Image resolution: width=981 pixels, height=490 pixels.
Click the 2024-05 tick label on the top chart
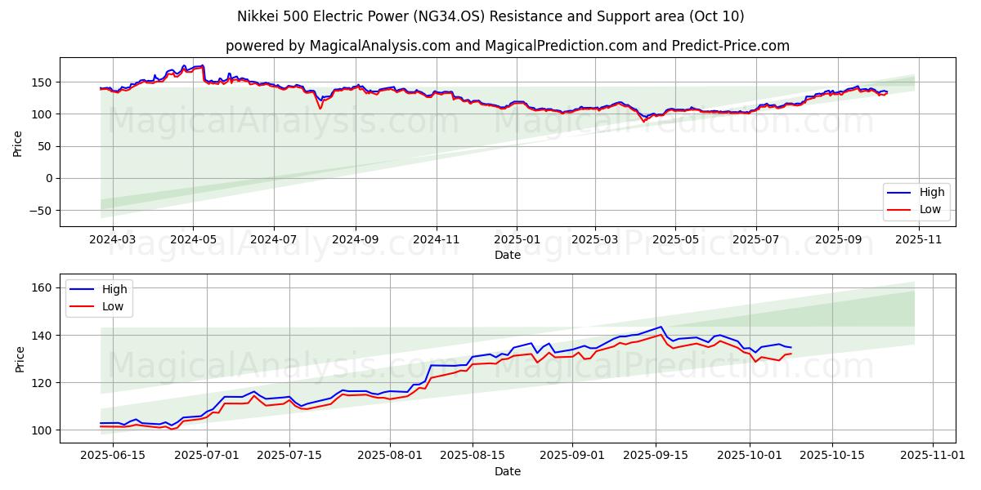[x=193, y=239]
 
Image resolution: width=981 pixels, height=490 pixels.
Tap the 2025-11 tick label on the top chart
[x=919, y=239]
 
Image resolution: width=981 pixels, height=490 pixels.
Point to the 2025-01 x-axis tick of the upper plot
[x=517, y=239]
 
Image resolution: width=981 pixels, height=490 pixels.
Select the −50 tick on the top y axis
[x=40, y=211]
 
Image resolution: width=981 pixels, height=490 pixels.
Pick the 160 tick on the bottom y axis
[x=43, y=287]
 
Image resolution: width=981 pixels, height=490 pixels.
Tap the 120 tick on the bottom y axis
[x=43, y=383]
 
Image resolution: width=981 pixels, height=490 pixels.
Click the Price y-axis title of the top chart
[x=18, y=142]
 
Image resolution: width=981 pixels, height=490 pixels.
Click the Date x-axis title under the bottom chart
[x=507, y=471]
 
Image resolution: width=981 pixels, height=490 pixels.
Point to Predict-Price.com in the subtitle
[x=731, y=46]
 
